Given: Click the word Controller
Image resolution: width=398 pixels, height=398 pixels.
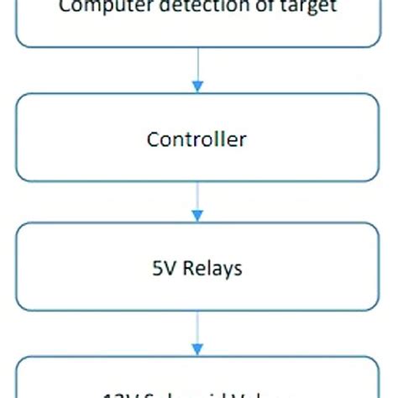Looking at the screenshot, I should (196, 139).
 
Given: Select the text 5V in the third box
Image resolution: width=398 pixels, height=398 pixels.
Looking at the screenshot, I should (160, 269).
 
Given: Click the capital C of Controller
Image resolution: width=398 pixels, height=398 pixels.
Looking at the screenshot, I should (154, 139).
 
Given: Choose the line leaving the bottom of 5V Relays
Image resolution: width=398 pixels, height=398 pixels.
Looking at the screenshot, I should (197, 327).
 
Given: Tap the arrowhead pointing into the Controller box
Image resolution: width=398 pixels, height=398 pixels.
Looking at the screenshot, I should (197, 86).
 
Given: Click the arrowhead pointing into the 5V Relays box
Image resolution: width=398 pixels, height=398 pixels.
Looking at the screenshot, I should (197, 216).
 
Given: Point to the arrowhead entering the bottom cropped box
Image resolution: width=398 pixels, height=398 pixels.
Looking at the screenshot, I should (197, 347).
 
